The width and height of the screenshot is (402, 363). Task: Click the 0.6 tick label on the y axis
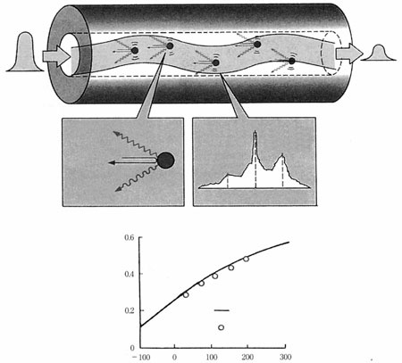click(130, 237)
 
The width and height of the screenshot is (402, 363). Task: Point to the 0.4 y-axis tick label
click(130, 274)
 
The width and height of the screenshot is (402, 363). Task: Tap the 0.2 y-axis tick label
click(130, 310)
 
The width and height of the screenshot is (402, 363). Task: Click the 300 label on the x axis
click(285, 357)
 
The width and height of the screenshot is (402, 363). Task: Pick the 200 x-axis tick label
click(247, 357)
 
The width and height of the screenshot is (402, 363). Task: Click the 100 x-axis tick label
click(212, 357)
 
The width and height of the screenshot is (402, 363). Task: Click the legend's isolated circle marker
click(221, 327)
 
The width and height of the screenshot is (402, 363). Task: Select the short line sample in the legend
click(222, 310)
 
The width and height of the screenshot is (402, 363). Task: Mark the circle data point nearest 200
click(246, 259)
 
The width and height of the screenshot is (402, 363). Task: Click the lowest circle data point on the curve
click(186, 295)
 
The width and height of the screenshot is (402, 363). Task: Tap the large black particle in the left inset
click(165, 161)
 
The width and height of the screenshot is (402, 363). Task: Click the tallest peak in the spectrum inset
click(255, 132)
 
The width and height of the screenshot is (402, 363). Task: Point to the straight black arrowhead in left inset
click(112, 162)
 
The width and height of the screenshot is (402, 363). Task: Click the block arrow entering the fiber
click(56, 56)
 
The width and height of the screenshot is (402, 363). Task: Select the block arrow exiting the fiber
click(349, 54)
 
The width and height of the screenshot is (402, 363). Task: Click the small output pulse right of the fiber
click(379, 53)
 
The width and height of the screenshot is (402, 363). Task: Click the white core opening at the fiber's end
click(67, 55)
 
